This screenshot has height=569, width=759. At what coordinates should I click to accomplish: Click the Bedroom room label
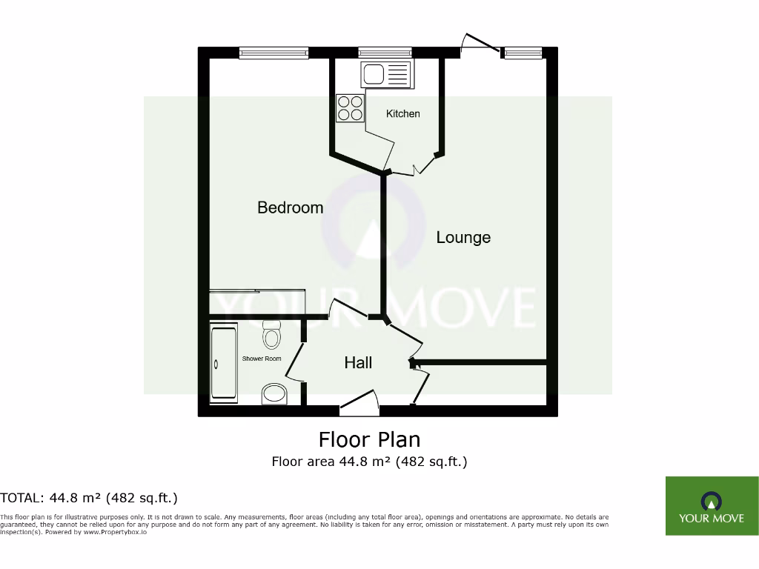click(290, 207)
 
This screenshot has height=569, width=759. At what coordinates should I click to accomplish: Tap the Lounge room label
click(463, 237)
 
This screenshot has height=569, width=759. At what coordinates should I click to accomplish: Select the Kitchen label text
click(402, 113)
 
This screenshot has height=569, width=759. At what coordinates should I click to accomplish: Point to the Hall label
click(358, 362)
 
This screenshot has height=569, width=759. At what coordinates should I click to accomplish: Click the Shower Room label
click(262, 359)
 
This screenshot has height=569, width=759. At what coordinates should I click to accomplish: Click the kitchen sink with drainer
click(385, 74)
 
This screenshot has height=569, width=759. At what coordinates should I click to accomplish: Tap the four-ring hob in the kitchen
click(351, 108)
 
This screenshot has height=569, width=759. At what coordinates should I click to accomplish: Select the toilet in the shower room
click(272, 335)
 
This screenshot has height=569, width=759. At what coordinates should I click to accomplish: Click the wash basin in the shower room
click(274, 394)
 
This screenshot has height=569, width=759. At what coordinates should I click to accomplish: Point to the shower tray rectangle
click(224, 362)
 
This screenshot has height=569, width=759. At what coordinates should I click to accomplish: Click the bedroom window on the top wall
click(274, 53)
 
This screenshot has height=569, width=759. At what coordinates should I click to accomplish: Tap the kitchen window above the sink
click(385, 53)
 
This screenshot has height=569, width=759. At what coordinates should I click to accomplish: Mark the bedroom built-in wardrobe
click(257, 302)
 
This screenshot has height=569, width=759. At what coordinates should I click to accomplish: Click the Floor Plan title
click(369, 439)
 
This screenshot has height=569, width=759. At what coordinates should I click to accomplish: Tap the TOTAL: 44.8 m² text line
click(89, 498)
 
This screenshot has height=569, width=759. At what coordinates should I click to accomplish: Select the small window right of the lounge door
click(523, 53)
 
